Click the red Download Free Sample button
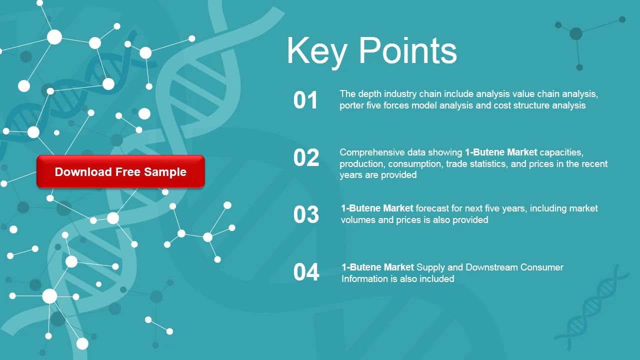[120, 171]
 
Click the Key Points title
[371, 50]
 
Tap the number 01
[305, 100]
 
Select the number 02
[306, 158]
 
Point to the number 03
[306, 214]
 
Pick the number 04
[306, 272]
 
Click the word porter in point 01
[352, 105]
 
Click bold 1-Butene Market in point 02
[501, 152]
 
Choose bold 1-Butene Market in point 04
[377, 267]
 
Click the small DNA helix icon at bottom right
[592, 307]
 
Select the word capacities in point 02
[561, 152]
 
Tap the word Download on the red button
[83, 172]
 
